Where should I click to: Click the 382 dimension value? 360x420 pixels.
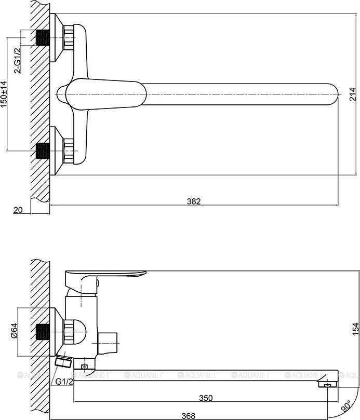pyautogui.click(x=194, y=201)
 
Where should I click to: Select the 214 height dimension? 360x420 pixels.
pyautogui.click(x=353, y=94)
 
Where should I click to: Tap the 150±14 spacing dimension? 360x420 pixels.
pyautogui.click(x=4, y=94)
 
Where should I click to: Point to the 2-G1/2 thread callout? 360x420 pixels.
pyautogui.click(x=18, y=61)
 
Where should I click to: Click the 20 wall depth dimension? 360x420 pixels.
pyautogui.click(x=18, y=210)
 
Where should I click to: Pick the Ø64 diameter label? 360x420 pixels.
pyautogui.click(x=14, y=331)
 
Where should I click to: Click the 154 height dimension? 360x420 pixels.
pyautogui.click(x=356, y=329)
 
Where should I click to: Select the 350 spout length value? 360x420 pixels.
pyautogui.click(x=206, y=398)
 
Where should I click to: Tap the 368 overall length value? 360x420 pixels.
pyautogui.click(x=189, y=416)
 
